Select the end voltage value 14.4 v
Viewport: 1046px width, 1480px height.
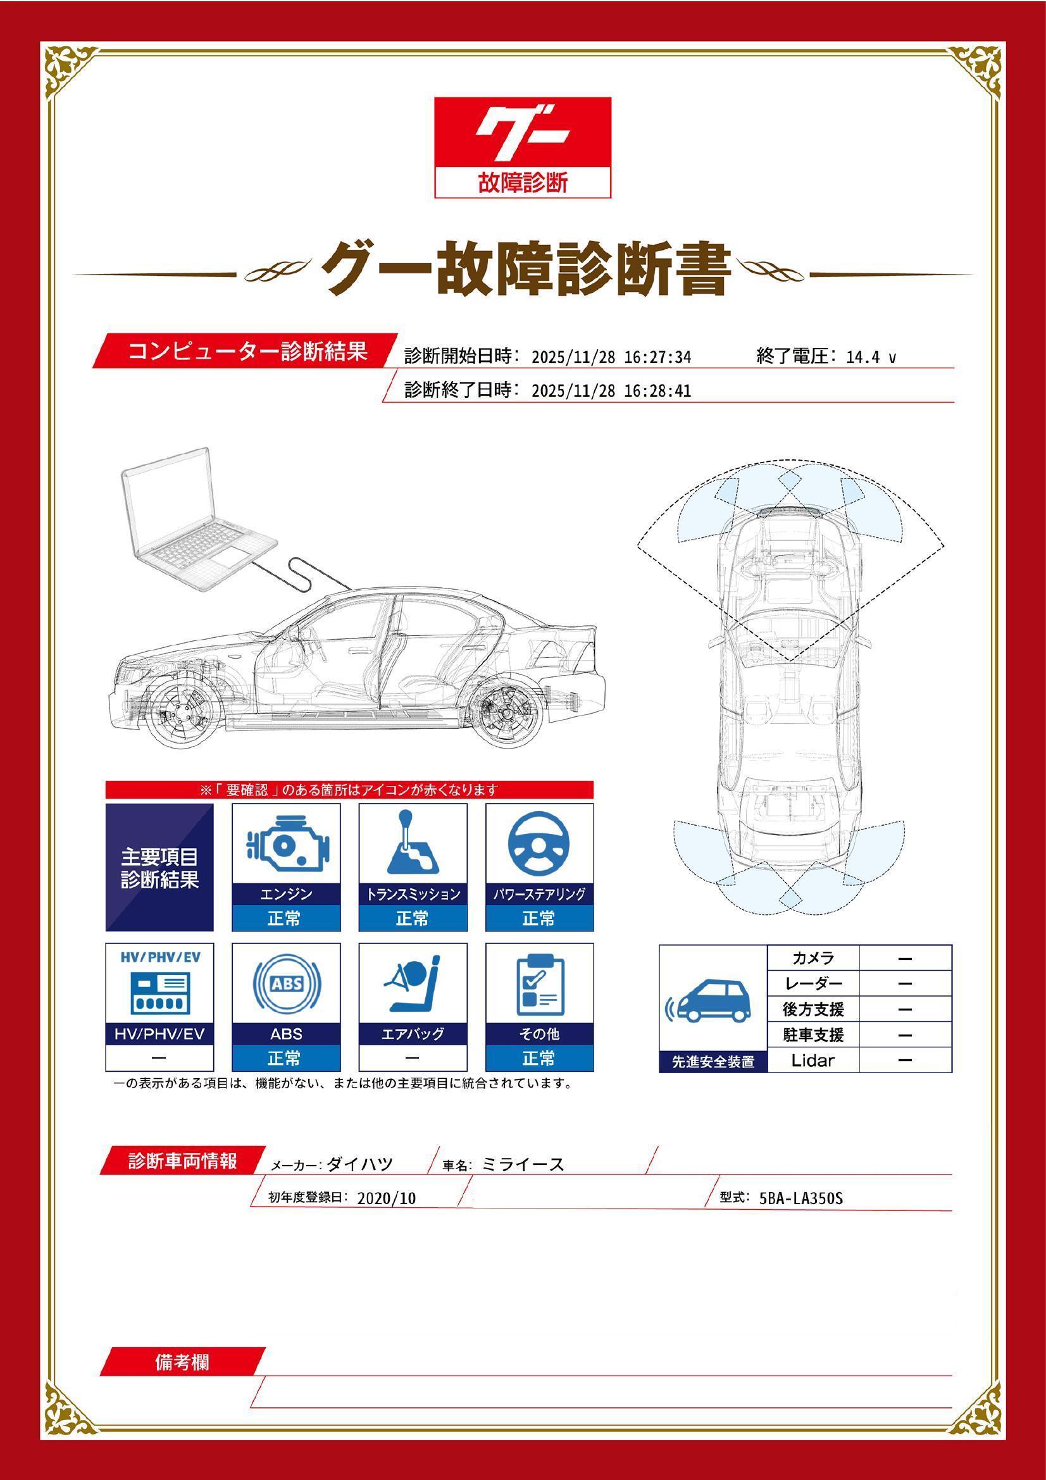(871, 357)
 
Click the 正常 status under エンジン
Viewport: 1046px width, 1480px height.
(285, 918)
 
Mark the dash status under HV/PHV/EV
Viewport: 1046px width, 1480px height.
(159, 1059)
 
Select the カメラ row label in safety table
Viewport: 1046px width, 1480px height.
(813, 959)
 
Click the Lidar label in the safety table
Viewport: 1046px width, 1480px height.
(813, 1060)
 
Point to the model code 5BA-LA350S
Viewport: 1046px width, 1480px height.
(800, 1198)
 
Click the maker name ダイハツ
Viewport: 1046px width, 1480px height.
(359, 1164)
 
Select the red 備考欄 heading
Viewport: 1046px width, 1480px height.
(182, 1363)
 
